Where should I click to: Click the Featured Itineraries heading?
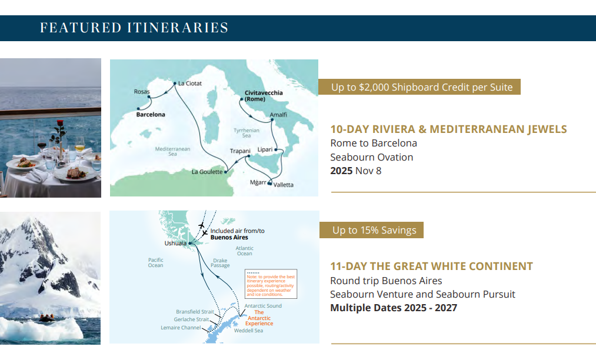tap(134, 28)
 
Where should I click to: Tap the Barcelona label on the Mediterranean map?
tap(151, 115)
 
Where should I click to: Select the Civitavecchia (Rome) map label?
tap(264, 96)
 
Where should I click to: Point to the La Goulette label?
tap(207, 172)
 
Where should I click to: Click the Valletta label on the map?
tap(283, 185)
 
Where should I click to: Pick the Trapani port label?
tap(240, 151)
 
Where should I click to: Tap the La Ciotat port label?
tap(189, 84)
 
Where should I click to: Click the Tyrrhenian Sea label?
tap(247, 133)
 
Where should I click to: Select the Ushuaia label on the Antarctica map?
tap(175, 244)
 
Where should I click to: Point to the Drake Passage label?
tap(220, 263)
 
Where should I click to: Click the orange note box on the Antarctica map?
tap(271, 284)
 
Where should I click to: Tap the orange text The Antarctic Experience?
tap(259, 318)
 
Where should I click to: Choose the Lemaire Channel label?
tap(181, 328)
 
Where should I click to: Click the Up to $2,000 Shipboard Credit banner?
tap(419, 87)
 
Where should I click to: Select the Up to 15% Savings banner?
tap(371, 230)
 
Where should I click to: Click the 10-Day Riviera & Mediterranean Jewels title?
tap(448, 129)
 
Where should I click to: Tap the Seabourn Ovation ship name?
tap(371, 157)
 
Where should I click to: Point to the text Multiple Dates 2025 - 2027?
tap(394, 308)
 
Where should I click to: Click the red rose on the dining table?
tap(59, 124)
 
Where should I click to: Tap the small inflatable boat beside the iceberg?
tap(47, 318)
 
